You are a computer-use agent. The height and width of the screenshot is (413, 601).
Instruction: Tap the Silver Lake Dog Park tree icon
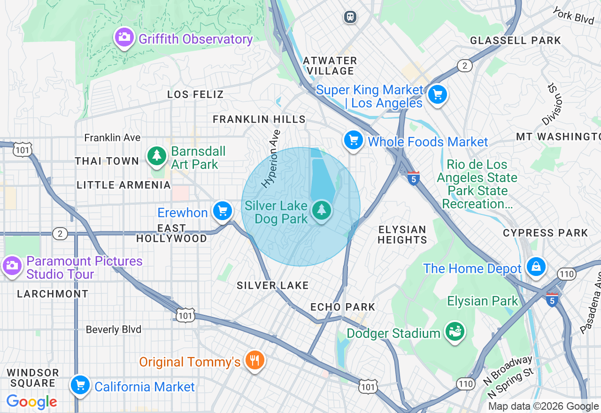[321, 210]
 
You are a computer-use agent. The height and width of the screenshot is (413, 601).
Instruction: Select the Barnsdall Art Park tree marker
[157, 156]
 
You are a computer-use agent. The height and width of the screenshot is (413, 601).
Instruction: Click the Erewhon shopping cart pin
[223, 211]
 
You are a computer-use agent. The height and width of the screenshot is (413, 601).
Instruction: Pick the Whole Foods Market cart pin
[353, 140]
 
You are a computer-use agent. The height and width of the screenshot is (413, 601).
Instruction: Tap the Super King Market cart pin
[438, 95]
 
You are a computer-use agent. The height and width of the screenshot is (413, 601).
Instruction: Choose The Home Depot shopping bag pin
[536, 267]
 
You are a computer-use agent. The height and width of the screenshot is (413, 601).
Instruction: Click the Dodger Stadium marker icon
[455, 331]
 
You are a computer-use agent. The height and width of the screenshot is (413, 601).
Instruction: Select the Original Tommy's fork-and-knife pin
[254, 360]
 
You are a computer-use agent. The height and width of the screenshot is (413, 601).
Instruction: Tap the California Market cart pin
[80, 385]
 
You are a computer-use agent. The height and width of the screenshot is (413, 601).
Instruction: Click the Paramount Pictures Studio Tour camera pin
[12, 266]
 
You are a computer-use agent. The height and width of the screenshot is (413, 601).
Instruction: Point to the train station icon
[350, 17]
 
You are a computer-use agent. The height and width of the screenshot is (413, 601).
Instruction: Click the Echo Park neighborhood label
[343, 307]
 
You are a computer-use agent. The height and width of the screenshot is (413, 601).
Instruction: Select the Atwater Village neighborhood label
[330, 66]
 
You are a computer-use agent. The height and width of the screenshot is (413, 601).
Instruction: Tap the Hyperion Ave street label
[271, 159]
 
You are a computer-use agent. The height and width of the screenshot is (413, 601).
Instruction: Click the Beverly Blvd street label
[113, 329]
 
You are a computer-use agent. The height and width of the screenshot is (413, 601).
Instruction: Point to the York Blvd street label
[573, 15]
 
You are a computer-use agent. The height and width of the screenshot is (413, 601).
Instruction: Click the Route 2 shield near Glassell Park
[464, 66]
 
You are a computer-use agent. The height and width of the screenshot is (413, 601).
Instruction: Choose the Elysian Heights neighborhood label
[402, 235]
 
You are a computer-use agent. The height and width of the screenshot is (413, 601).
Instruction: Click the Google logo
[31, 402]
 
